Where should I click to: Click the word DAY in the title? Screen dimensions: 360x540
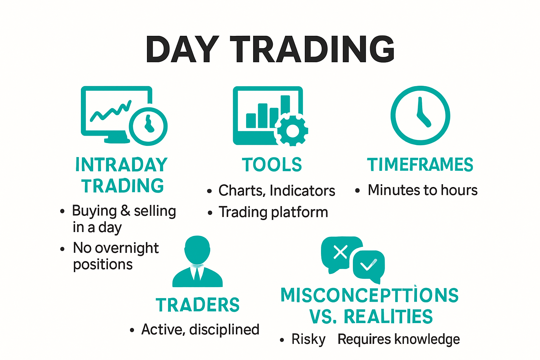pyautogui.click(x=182, y=50)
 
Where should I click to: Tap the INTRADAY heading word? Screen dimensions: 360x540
pyautogui.click(x=121, y=165)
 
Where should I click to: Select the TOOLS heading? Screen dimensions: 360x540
pyautogui.click(x=272, y=165)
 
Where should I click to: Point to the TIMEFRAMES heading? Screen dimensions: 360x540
pyautogui.click(x=420, y=165)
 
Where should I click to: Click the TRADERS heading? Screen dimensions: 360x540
pyautogui.click(x=198, y=305)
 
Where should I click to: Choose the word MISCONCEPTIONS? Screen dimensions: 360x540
pyautogui.click(x=369, y=295)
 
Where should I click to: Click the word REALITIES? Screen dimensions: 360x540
pyautogui.click(x=388, y=316)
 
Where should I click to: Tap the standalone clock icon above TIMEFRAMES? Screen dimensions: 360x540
pyautogui.click(x=420, y=115)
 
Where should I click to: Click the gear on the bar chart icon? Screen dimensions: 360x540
pyautogui.click(x=292, y=130)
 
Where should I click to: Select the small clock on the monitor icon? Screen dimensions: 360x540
pyautogui.click(x=148, y=126)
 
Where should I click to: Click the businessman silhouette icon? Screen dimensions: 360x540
pyautogui.click(x=198, y=262)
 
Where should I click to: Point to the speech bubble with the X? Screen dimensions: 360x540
pyautogui.click(x=340, y=252)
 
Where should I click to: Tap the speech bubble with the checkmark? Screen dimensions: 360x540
pyautogui.click(x=369, y=265)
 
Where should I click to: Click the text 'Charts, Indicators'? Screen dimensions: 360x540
pyautogui.click(x=277, y=191)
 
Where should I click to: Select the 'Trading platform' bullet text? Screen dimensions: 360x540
pyautogui.click(x=273, y=212)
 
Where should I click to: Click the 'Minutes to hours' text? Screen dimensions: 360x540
pyautogui.click(x=423, y=190)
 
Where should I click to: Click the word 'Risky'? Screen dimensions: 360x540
pyautogui.click(x=308, y=339)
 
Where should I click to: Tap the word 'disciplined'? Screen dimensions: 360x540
pyautogui.click(x=224, y=330)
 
